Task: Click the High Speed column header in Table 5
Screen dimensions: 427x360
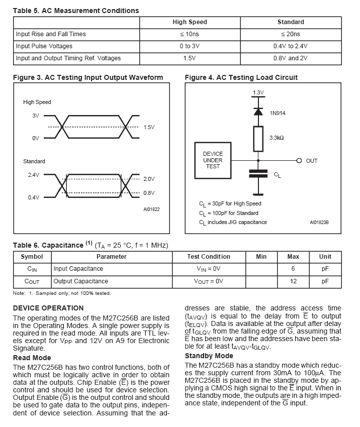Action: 190,22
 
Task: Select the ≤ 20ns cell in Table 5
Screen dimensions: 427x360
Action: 290,34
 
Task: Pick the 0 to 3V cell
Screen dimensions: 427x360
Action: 190,46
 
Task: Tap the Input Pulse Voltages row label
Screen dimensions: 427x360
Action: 44,46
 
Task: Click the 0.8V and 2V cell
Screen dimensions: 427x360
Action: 290,58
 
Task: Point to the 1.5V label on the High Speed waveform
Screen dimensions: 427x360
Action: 149,128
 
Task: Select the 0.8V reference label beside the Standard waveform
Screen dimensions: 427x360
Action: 149,193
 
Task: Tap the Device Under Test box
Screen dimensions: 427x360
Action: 213,160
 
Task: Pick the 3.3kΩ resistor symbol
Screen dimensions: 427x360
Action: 258,139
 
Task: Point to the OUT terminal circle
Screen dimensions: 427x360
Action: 299,161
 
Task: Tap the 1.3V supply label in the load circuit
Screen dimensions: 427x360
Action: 257,92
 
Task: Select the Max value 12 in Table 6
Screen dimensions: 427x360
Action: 293,281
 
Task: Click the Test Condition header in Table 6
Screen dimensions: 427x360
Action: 208,257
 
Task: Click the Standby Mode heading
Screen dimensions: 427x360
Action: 205,356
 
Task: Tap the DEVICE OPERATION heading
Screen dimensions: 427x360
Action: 48,308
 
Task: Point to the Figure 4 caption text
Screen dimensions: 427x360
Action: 241,77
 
